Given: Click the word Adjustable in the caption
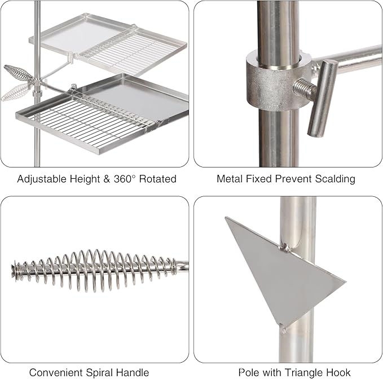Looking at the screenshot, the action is [42, 179].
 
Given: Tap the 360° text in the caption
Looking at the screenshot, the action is [124, 179].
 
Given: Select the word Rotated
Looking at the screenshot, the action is [158, 179].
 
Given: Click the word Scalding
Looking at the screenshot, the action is [335, 179].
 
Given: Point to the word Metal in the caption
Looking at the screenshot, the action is [230, 179].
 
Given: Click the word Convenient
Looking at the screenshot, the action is [56, 373].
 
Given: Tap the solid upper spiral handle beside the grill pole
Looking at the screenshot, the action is [17, 73].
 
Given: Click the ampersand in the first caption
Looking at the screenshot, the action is [107, 179].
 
